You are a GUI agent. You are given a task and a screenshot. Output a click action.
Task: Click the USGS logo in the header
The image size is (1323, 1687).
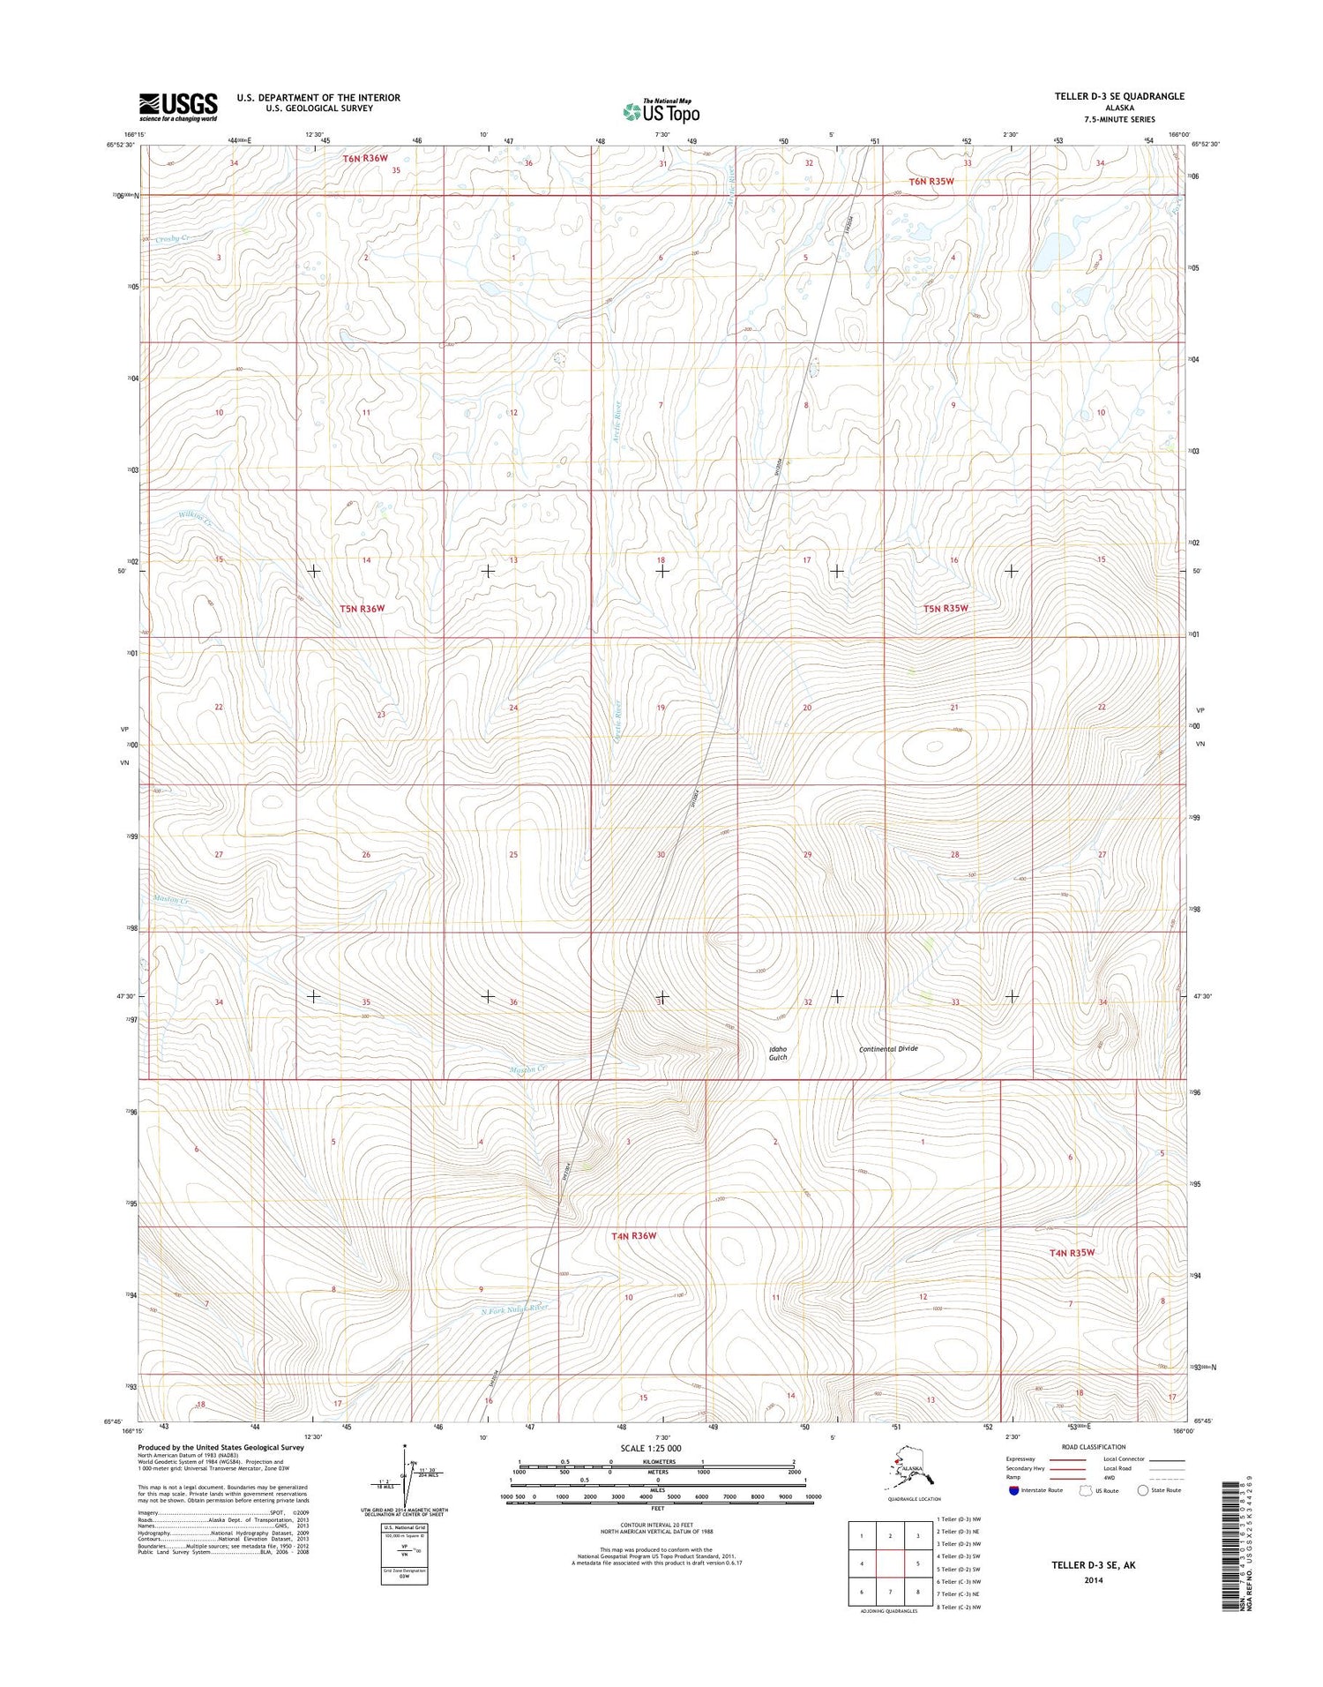177,108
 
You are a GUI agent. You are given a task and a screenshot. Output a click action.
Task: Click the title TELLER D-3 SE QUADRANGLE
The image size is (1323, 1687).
1118,96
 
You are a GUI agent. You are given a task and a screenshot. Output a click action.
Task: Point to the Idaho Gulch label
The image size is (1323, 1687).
777,1053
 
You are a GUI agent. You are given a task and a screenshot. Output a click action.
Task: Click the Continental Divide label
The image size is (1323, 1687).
889,1049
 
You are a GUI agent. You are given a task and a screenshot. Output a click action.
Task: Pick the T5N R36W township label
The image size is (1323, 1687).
363,609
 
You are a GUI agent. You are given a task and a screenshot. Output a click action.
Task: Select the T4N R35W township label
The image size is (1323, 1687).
1072,1253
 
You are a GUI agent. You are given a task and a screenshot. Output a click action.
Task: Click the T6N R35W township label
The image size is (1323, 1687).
931,181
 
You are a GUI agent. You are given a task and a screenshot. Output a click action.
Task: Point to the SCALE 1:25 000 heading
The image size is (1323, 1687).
651,1449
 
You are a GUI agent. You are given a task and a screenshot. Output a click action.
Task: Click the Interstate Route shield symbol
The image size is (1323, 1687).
1013,1490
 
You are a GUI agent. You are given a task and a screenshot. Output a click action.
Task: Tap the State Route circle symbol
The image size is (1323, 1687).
1143,1490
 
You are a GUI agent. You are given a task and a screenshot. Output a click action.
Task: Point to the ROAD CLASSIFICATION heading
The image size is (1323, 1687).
1093,1447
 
